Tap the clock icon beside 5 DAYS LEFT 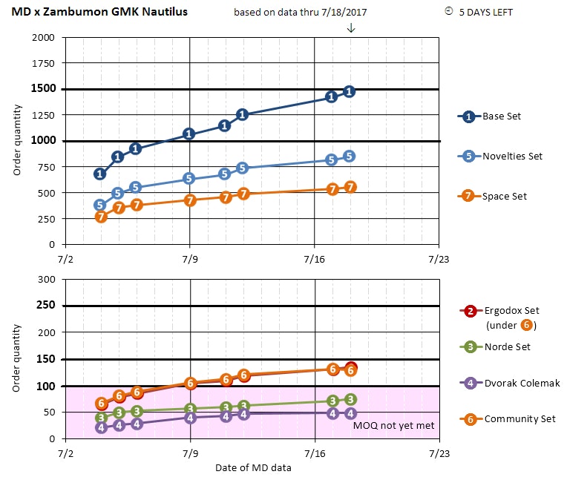pyautogui.click(x=448, y=11)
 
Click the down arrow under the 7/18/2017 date pyautogui.click(x=351, y=28)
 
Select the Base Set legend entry pyautogui.click(x=494, y=116)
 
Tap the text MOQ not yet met pyautogui.click(x=393, y=426)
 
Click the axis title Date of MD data pyautogui.click(x=253, y=467)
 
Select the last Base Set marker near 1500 pyautogui.click(x=350, y=91)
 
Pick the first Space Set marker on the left pyautogui.click(x=101, y=217)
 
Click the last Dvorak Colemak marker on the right pyautogui.click(x=350, y=413)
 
